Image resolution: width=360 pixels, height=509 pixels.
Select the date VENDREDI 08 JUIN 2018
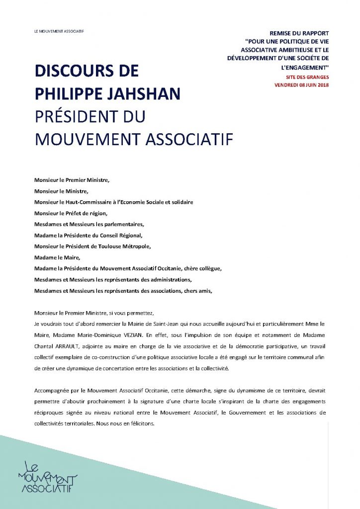pos(301,85)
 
